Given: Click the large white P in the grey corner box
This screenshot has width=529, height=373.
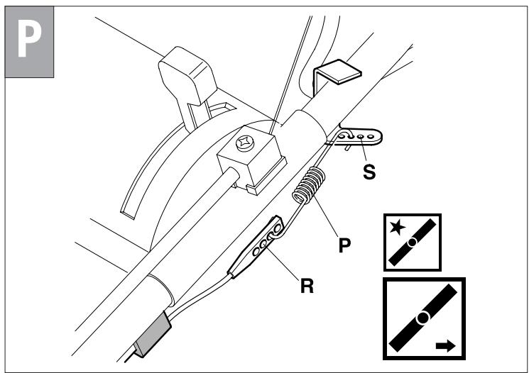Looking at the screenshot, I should click(29, 41).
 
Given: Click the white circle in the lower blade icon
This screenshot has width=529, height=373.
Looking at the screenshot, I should click(423, 316).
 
